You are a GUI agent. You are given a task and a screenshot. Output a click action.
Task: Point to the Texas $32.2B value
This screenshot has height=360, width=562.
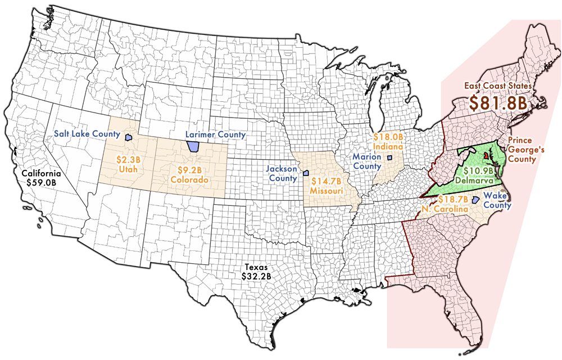tap(256, 276)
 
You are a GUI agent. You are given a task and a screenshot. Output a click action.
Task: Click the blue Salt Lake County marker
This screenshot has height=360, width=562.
tap(128, 136)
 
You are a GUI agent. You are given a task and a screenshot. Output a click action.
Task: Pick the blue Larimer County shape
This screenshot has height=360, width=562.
tap(193, 146)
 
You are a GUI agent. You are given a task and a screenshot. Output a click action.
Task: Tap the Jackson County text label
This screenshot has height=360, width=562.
tap(282, 173)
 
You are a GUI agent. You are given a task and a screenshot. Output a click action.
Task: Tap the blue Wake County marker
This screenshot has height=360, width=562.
tap(474, 200)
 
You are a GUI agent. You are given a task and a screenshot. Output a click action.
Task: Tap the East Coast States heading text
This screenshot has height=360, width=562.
tap(497, 86)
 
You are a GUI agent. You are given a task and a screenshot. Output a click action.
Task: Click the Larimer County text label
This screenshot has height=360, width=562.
tap(216, 134)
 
